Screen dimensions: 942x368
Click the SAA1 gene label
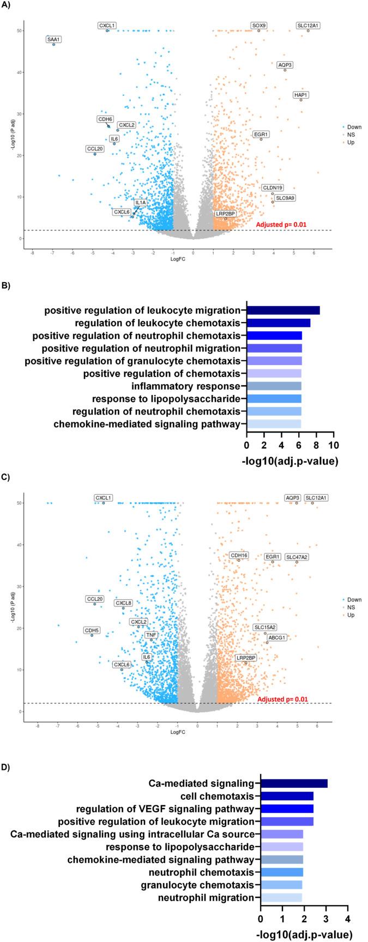point(53,39)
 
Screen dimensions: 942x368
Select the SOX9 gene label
point(259,26)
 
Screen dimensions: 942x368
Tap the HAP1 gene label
point(301,95)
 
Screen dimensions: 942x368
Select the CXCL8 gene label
point(123,603)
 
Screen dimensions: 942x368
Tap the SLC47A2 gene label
point(297,557)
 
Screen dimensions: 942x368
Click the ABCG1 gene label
point(276,637)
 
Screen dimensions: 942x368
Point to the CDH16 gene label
point(239,555)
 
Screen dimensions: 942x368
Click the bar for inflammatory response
point(274,386)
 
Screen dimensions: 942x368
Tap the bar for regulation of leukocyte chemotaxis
point(278,323)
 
